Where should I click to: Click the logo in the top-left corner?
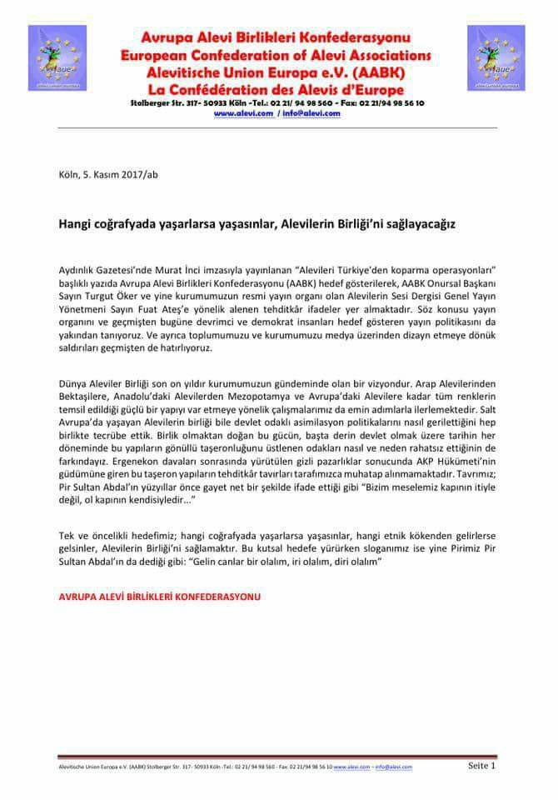57,57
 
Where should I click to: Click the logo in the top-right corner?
496,57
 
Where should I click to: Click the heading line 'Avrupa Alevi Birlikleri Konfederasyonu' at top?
277,38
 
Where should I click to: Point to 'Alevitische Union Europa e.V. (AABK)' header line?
277,72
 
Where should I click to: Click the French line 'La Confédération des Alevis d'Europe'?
277,89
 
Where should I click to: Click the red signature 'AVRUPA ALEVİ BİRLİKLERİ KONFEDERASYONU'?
160,597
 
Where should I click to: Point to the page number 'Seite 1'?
482,765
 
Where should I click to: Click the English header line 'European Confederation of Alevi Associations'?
277,55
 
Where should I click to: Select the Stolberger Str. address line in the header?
277,102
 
